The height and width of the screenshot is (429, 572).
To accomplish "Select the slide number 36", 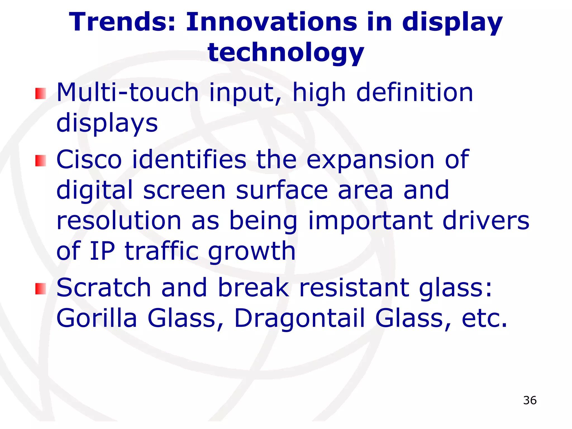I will click(x=530, y=400).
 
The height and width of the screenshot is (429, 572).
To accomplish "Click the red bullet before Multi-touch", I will click(x=40, y=94).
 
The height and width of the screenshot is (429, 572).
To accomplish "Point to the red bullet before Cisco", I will click(x=40, y=161).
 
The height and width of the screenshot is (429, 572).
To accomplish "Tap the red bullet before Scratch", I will click(x=40, y=289).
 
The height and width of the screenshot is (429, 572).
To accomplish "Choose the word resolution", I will click(x=119, y=220).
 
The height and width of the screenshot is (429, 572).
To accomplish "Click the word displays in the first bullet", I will click(x=107, y=124).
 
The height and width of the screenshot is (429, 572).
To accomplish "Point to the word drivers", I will click(x=486, y=220).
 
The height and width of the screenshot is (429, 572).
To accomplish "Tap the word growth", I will click(x=252, y=251).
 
